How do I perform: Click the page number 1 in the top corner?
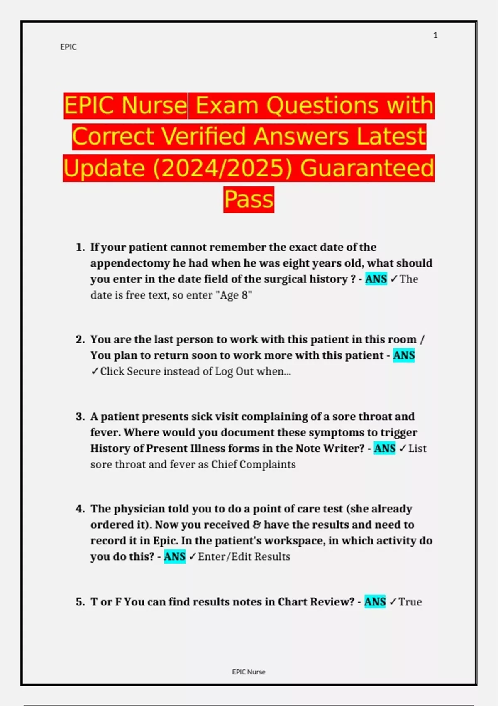pyautogui.click(x=435, y=35)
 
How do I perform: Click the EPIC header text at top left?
pyautogui.click(x=68, y=47)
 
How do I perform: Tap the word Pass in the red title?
pyautogui.click(x=249, y=199)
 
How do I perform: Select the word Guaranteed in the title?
pyautogui.click(x=367, y=168)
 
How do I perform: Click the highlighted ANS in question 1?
pyautogui.click(x=376, y=279)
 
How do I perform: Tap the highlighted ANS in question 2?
pyautogui.click(x=404, y=355)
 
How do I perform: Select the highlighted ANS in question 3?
pyautogui.click(x=385, y=449)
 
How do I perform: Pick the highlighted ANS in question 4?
pyautogui.click(x=175, y=556)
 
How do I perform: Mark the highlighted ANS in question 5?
pyautogui.click(x=375, y=602)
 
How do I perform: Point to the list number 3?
pyautogui.click(x=80, y=417)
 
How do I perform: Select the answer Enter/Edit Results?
pyautogui.click(x=244, y=556)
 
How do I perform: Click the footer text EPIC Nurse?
pyautogui.click(x=249, y=672)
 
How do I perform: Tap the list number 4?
pyautogui.click(x=80, y=509)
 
